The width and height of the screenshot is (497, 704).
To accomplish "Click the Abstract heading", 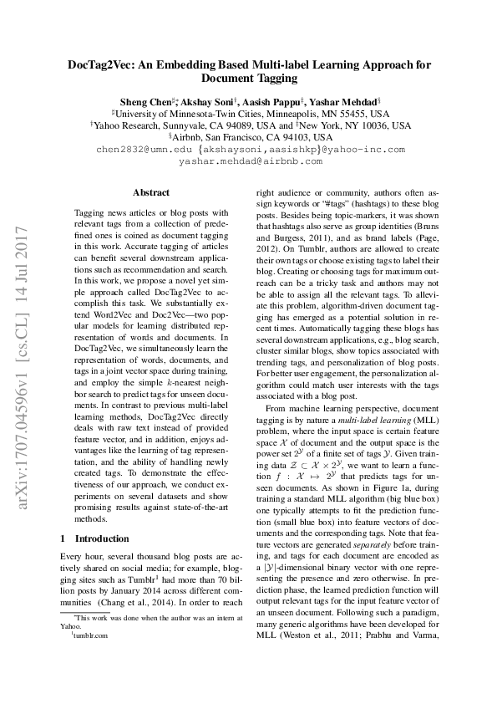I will click(x=151, y=192).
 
